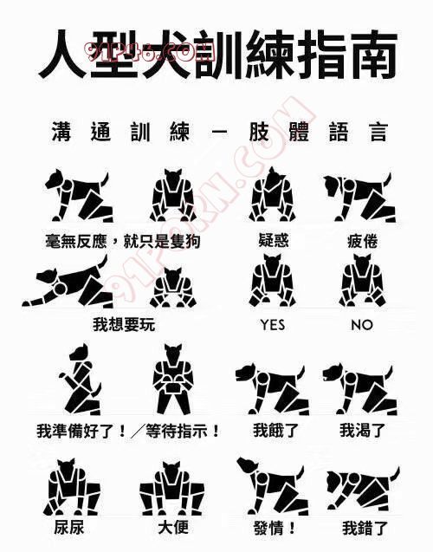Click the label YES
click(273, 325)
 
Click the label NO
click(362, 325)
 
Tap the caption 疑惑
click(274, 241)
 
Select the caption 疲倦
click(362, 242)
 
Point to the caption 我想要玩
click(124, 324)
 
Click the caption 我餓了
click(275, 430)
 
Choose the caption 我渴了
click(362, 430)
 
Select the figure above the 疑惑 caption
click(271, 194)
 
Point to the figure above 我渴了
click(360, 390)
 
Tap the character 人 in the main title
click(63, 54)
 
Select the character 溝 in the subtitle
click(61, 132)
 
